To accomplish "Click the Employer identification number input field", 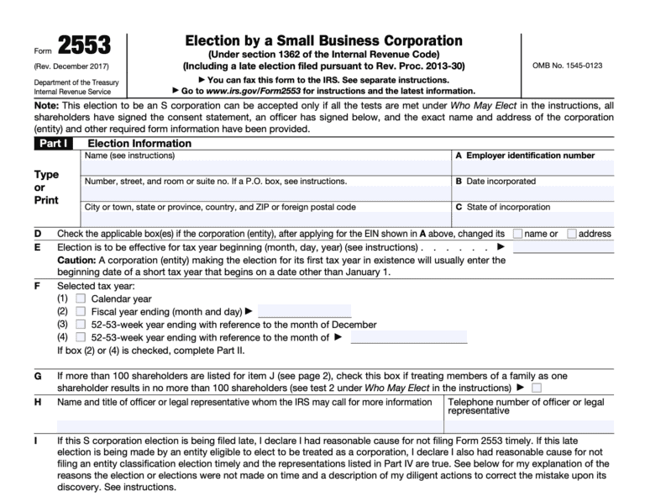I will [x=532, y=167].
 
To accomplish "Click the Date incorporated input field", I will [x=532, y=193].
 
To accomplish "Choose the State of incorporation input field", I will [x=532, y=219].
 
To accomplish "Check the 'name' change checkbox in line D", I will [x=517, y=234].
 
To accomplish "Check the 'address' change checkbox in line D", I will [x=572, y=234].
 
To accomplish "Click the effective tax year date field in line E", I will [x=563, y=247].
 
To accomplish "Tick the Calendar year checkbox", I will [x=81, y=299].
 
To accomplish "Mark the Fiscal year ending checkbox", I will [x=81, y=311].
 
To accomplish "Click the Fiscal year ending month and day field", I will [x=303, y=311].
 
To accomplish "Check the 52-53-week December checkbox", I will [x=81, y=325].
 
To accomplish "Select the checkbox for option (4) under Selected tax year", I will [x=81, y=337].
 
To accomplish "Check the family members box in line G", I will [x=537, y=388].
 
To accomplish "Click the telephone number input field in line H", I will [x=529, y=425].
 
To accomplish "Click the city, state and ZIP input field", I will [x=266, y=219].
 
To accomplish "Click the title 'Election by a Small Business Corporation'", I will [x=323, y=40].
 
